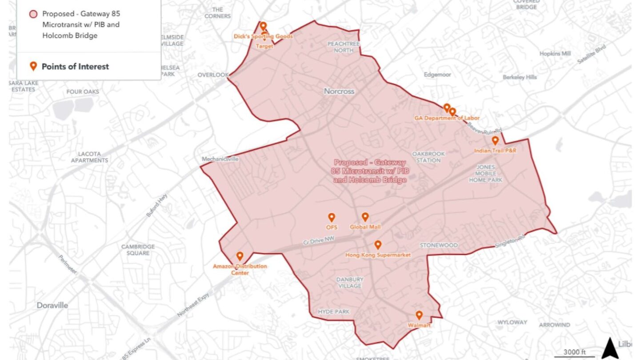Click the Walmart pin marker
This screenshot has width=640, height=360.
(419, 316)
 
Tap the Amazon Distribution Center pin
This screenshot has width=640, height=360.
(240, 256)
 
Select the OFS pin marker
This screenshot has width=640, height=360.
(331, 217)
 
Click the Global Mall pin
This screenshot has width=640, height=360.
(365, 217)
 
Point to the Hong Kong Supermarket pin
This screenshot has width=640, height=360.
(378, 245)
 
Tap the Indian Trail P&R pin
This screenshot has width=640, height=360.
(495, 141)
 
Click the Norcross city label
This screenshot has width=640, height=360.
(339, 91)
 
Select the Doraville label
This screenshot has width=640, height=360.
(52, 305)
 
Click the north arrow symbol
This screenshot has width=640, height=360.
(610, 348)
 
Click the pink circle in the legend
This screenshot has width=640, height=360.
(33, 14)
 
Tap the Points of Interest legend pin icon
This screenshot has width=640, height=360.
(32, 67)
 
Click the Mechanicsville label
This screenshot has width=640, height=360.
(220, 159)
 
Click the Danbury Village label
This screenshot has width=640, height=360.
(350, 283)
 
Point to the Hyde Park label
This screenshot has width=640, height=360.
(334, 312)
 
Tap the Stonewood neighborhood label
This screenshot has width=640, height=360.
(439, 245)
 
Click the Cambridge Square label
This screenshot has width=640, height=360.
(138, 250)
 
